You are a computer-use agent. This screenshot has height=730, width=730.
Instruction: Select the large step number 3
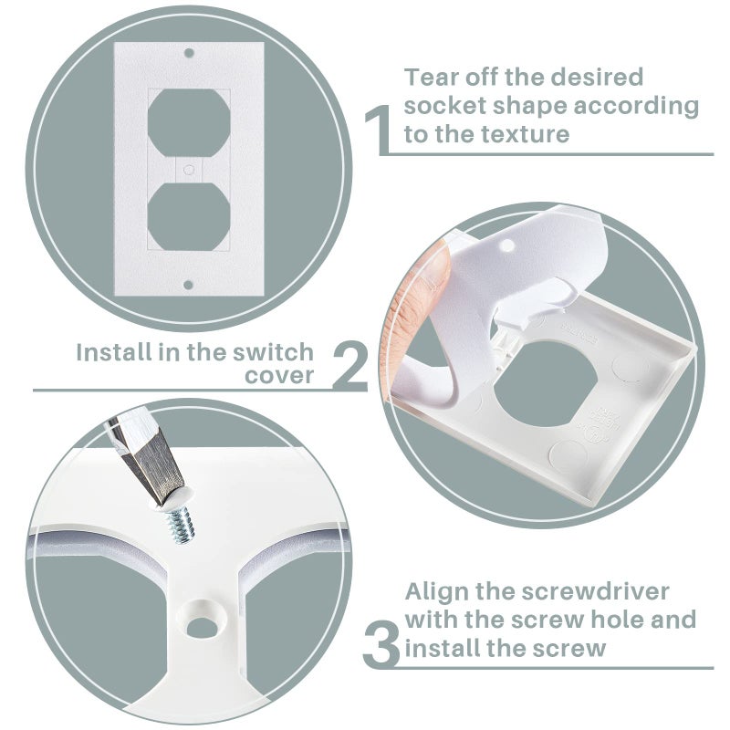pyautogui.click(x=381, y=644)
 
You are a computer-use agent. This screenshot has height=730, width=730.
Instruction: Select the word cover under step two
pyautogui.click(x=279, y=376)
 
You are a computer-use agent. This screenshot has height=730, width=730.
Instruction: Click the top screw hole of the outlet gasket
pyautogui.click(x=189, y=53)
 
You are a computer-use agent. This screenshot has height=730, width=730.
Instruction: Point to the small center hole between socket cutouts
pyautogui.click(x=189, y=169)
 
